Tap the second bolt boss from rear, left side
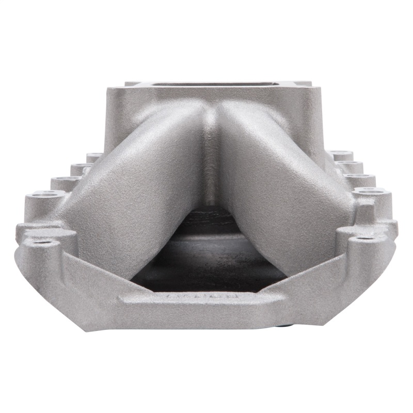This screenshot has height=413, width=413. [x=80, y=168]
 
